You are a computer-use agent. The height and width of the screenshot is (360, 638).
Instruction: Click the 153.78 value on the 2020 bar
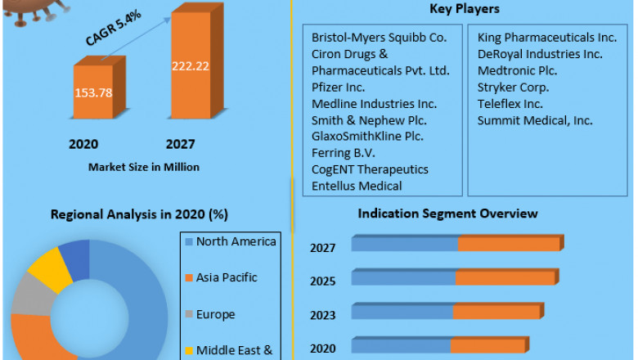tap(93, 92)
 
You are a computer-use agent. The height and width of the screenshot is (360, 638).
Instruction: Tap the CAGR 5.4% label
tap(111, 29)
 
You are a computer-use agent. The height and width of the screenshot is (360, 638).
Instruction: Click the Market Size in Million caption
tap(144, 167)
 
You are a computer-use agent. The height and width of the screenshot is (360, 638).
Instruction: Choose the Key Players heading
tap(464, 9)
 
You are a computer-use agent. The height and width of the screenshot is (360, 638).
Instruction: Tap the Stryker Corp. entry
tap(513, 87)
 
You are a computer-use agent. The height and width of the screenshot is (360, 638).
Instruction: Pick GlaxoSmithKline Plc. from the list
tap(368, 136)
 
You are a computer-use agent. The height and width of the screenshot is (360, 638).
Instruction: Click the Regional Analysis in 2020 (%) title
tap(140, 214)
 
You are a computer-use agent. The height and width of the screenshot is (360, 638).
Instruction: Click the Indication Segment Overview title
tap(447, 214)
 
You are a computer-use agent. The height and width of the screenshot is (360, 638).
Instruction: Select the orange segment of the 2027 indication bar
tap(508, 244)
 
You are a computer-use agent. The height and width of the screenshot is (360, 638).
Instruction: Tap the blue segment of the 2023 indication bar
tap(402, 313)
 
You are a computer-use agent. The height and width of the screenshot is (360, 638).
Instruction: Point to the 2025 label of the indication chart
tap(322, 281)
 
